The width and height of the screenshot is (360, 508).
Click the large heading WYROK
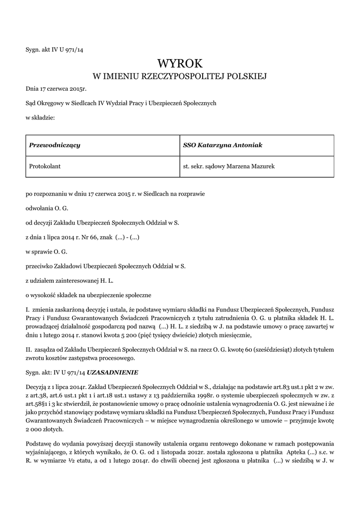[180, 63]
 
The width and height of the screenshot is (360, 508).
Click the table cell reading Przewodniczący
[55, 145]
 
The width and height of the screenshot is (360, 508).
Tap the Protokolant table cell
[45, 166]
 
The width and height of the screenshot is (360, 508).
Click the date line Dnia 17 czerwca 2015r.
[56, 89]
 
